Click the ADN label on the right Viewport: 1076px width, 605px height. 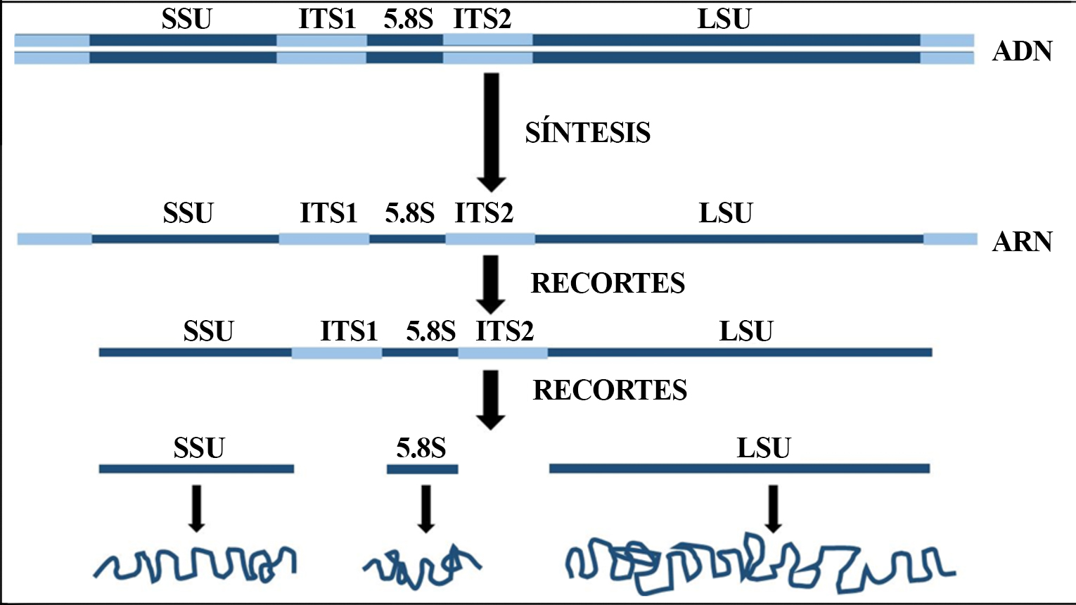pyautogui.click(x=1022, y=51)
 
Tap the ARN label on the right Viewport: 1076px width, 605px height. pyautogui.click(x=1022, y=241)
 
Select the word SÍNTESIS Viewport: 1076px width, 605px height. pyautogui.click(x=587, y=132)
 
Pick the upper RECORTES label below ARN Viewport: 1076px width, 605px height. pyautogui.click(x=608, y=283)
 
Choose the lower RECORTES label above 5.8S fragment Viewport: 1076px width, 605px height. pyautogui.click(x=610, y=390)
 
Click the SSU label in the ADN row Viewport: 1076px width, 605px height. pyautogui.click(x=186, y=19)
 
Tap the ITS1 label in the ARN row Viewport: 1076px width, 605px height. pyautogui.click(x=328, y=212)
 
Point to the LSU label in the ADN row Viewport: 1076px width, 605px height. pyautogui.click(x=724, y=19)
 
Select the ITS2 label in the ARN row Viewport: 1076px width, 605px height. pyautogui.click(x=484, y=212)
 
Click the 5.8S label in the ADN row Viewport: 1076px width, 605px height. pyautogui.click(x=408, y=19)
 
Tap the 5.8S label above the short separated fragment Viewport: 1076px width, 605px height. pyautogui.click(x=421, y=447)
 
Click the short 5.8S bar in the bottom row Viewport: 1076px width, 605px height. pyautogui.click(x=422, y=469)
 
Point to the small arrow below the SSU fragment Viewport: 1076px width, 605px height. pyautogui.click(x=197, y=507)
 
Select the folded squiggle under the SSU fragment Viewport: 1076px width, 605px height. pyautogui.click(x=196, y=563)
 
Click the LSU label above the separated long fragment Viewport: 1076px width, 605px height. pyautogui.click(x=764, y=447)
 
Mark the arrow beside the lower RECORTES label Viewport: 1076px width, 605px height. pyautogui.click(x=491, y=399)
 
